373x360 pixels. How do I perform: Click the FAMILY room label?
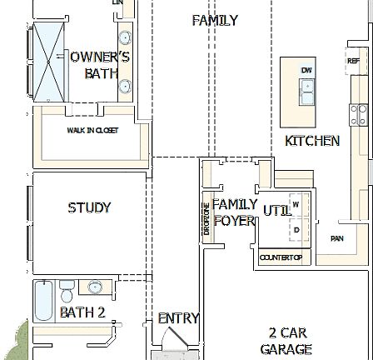click(215, 20)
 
